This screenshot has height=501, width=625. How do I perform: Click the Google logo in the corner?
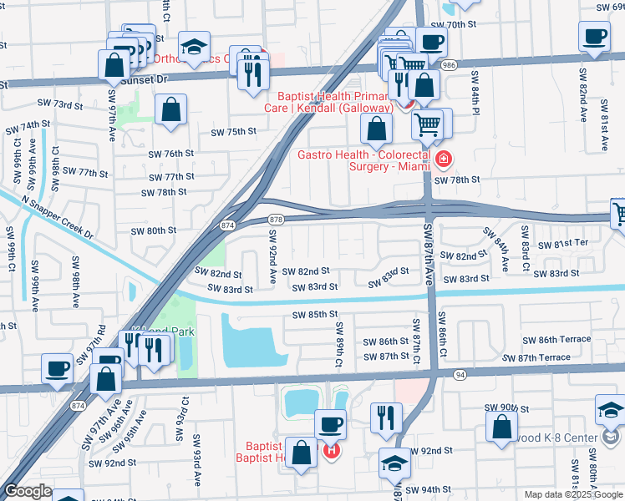[28, 491]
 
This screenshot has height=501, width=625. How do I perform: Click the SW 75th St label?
[232, 132]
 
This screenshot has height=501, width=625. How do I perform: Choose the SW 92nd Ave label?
[272, 257]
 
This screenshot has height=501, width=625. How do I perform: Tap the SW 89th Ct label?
[339, 345]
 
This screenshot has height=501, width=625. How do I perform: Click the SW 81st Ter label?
[564, 244]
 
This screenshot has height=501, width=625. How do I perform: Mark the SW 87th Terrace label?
[542, 357]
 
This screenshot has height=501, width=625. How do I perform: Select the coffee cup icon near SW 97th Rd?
[58, 368]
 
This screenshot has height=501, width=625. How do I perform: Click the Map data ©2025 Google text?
[572, 494]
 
